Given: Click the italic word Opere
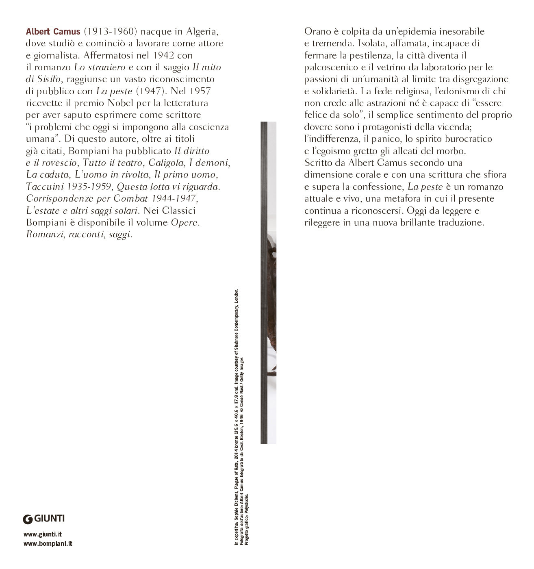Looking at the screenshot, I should [185, 223].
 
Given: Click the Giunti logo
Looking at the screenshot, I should [44, 519].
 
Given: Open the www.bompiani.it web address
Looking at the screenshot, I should [48, 543].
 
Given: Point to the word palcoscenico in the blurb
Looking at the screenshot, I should [331, 67].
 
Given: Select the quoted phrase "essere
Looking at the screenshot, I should [487, 103].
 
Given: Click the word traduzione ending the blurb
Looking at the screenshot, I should [461, 223].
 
